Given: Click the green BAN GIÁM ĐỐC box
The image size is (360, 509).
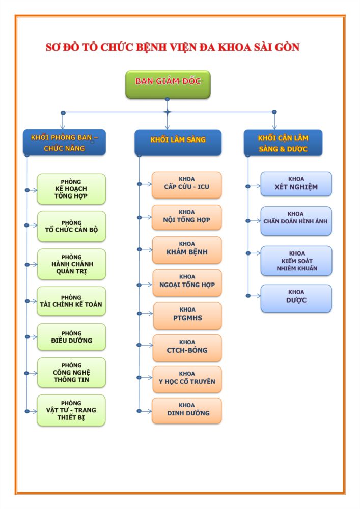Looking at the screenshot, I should click(x=168, y=84).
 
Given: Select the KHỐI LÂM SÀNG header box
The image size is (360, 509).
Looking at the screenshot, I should click(x=178, y=142).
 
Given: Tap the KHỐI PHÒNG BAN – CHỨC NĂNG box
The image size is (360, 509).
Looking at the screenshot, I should click(x=64, y=142).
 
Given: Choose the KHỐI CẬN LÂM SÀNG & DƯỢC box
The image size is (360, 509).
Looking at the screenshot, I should click(x=283, y=142).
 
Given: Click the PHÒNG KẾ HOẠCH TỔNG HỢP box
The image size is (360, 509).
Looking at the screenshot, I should click(x=71, y=189).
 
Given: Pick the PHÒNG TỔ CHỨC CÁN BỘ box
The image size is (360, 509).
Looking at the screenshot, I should click(x=71, y=227).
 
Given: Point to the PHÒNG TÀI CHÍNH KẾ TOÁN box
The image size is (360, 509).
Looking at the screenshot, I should click(x=71, y=301).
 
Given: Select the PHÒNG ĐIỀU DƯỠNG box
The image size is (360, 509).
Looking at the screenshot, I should click(x=71, y=337).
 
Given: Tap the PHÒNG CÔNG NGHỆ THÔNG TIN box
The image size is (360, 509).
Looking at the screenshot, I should click(x=71, y=373).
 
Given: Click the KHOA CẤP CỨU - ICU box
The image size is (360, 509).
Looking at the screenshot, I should click(x=186, y=184).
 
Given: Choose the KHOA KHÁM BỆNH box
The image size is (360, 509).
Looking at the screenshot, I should click(x=187, y=249).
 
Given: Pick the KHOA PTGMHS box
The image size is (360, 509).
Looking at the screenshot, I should click(x=187, y=315).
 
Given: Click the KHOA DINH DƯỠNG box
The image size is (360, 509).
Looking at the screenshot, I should click(x=187, y=410).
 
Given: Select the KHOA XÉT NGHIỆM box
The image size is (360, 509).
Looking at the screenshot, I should click(x=296, y=184).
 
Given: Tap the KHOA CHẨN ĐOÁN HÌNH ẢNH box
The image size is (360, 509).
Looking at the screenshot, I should click(x=296, y=221).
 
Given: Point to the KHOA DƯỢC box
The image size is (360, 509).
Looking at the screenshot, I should click(x=296, y=298).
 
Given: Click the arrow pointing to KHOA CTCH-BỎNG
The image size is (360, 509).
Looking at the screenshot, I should click(x=146, y=345).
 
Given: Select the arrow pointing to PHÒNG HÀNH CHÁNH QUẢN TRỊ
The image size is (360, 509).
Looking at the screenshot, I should click(x=32, y=265).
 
